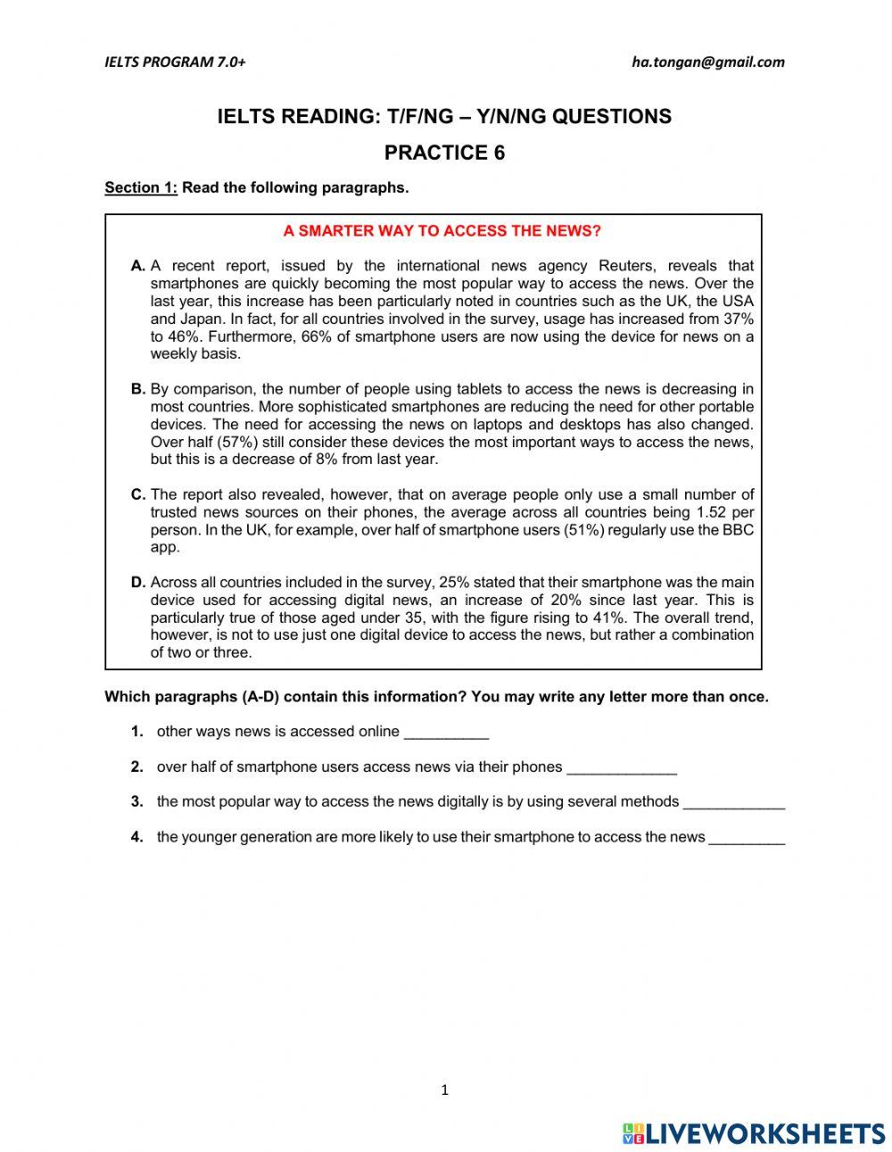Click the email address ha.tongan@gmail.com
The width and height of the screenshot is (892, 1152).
(x=707, y=62)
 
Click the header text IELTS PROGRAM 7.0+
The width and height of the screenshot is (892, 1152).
(x=175, y=62)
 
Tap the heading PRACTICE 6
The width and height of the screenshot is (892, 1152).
(x=444, y=153)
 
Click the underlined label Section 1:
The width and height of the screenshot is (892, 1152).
(x=141, y=187)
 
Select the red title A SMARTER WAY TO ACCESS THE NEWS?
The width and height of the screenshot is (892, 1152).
(x=442, y=231)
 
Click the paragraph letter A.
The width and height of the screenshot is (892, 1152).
(x=137, y=266)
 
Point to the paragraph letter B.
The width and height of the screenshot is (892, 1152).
(x=137, y=389)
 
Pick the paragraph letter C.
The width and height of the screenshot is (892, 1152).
(x=137, y=494)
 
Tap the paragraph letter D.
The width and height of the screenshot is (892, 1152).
(x=137, y=583)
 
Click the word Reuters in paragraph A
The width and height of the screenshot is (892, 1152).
(x=627, y=266)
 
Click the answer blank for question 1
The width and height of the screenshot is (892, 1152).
(x=446, y=733)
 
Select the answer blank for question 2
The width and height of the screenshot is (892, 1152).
(x=621, y=768)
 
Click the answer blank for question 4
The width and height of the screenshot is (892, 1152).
(x=746, y=838)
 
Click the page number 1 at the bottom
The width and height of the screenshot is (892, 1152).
(x=444, y=1090)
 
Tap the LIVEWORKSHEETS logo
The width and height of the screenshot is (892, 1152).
(x=754, y=1133)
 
